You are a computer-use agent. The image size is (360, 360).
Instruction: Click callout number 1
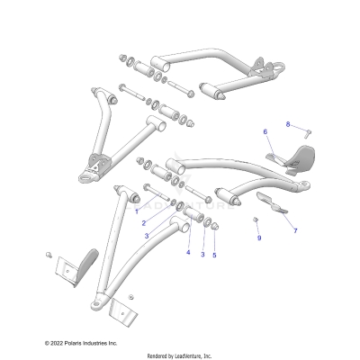tap(137, 211)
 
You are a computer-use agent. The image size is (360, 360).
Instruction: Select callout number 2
tap(143, 222)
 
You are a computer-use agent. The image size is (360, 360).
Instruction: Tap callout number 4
tap(188, 253)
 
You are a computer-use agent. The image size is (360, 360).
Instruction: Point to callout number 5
tap(214, 255)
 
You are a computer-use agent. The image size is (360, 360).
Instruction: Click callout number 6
tap(265, 132)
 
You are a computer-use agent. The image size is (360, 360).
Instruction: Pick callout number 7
tap(294, 230)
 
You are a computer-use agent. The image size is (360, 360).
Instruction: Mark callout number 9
tap(258, 238)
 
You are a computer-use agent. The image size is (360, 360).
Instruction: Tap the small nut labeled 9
tap(256, 221)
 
